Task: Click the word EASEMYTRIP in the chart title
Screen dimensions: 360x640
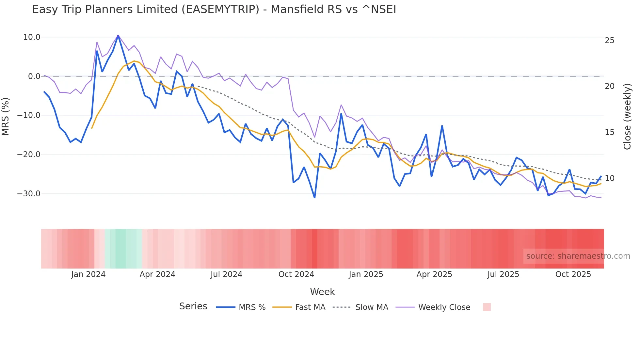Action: [220, 9]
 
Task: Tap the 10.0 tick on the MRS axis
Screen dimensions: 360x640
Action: [32, 37]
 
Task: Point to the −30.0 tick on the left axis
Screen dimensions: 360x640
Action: [29, 194]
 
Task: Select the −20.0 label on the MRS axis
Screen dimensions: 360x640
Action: [29, 155]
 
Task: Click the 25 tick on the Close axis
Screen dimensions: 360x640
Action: [609, 41]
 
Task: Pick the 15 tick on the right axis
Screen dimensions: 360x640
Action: [609, 132]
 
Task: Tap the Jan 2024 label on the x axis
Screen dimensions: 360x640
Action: [88, 274]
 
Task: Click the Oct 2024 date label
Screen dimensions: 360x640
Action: [296, 274]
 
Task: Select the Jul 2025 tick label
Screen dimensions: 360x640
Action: [503, 274]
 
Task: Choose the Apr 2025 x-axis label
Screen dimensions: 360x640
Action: [434, 274]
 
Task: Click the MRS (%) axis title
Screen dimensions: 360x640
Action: [6, 116]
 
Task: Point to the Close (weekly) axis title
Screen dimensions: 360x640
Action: [627, 117]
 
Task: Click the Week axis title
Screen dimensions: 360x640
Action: [322, 292]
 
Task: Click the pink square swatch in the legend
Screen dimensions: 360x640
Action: [487, 307]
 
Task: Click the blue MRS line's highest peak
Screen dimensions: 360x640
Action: [118, 35]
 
